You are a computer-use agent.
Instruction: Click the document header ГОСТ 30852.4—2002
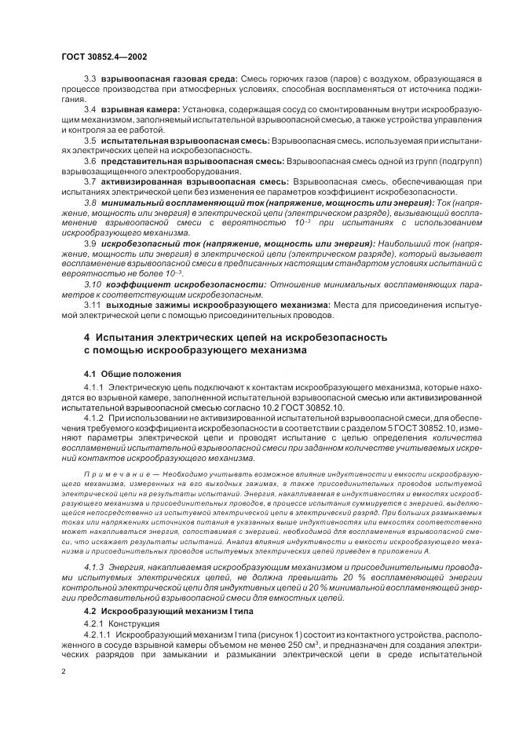(102, 57)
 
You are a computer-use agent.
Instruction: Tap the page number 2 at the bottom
(63, 671)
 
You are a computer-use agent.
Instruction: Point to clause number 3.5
(90, 140)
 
